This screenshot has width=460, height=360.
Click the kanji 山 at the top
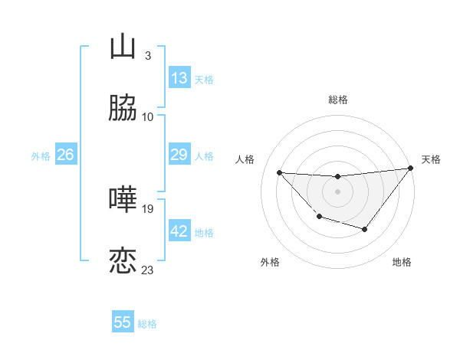point(123,47)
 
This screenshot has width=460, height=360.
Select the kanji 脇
point(123,109)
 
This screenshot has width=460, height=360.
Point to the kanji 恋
point(123,261)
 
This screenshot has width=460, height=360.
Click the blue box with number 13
point(179,77)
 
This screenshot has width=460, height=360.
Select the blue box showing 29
point(179,155)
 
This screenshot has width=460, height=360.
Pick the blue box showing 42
point(179,231)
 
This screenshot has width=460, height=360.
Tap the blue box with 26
point(66,155)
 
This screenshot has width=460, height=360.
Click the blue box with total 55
point(123,322)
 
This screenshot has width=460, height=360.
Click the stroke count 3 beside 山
point(147,56)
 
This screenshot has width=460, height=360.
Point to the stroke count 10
point(148,117)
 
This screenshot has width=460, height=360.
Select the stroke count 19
point(148,208)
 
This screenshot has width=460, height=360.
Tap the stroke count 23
point(148,270)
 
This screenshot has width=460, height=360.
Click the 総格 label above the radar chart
point(338,100)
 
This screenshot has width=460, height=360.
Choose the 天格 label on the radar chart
point(431,159)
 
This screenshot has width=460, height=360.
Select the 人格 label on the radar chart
point(245,159)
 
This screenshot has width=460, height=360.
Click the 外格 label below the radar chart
point(270,262)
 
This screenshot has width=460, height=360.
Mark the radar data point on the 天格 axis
point(411,169)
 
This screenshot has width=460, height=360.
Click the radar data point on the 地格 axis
point(365,229)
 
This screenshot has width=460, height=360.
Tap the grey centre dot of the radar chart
point(337,191)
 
